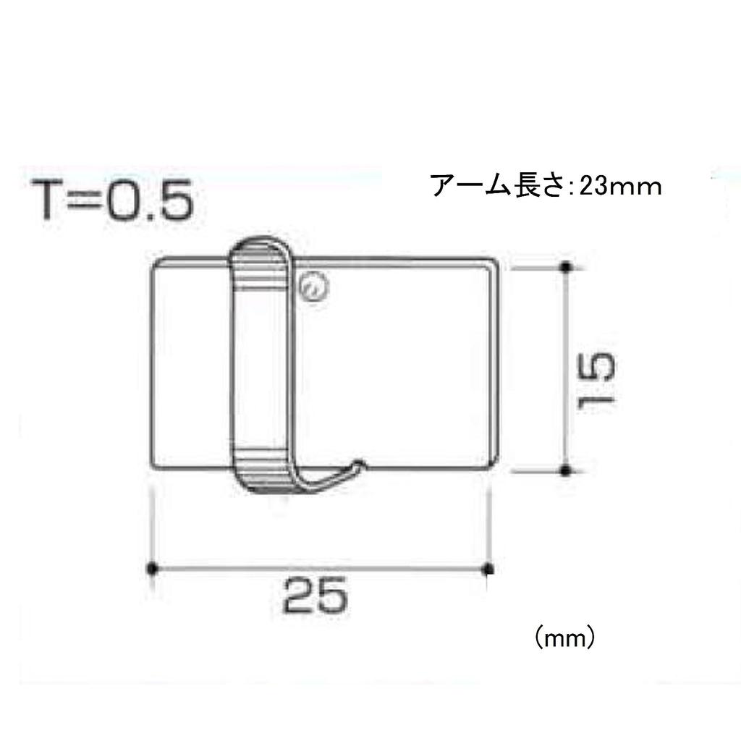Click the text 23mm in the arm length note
[620, 187]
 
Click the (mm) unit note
[565, 638]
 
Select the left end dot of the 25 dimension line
[151, 568]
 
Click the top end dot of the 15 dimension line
[567, 267]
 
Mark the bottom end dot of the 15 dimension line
[567, 471]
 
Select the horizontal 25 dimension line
[318, 568]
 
